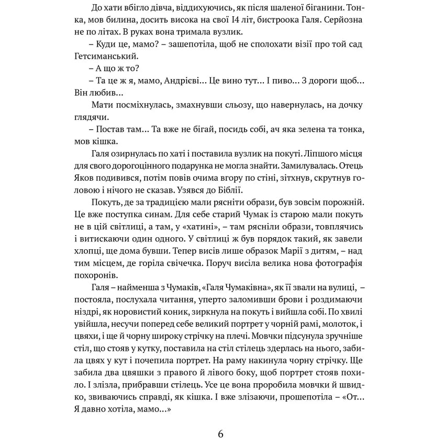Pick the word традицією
click(x=181, y=203)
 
